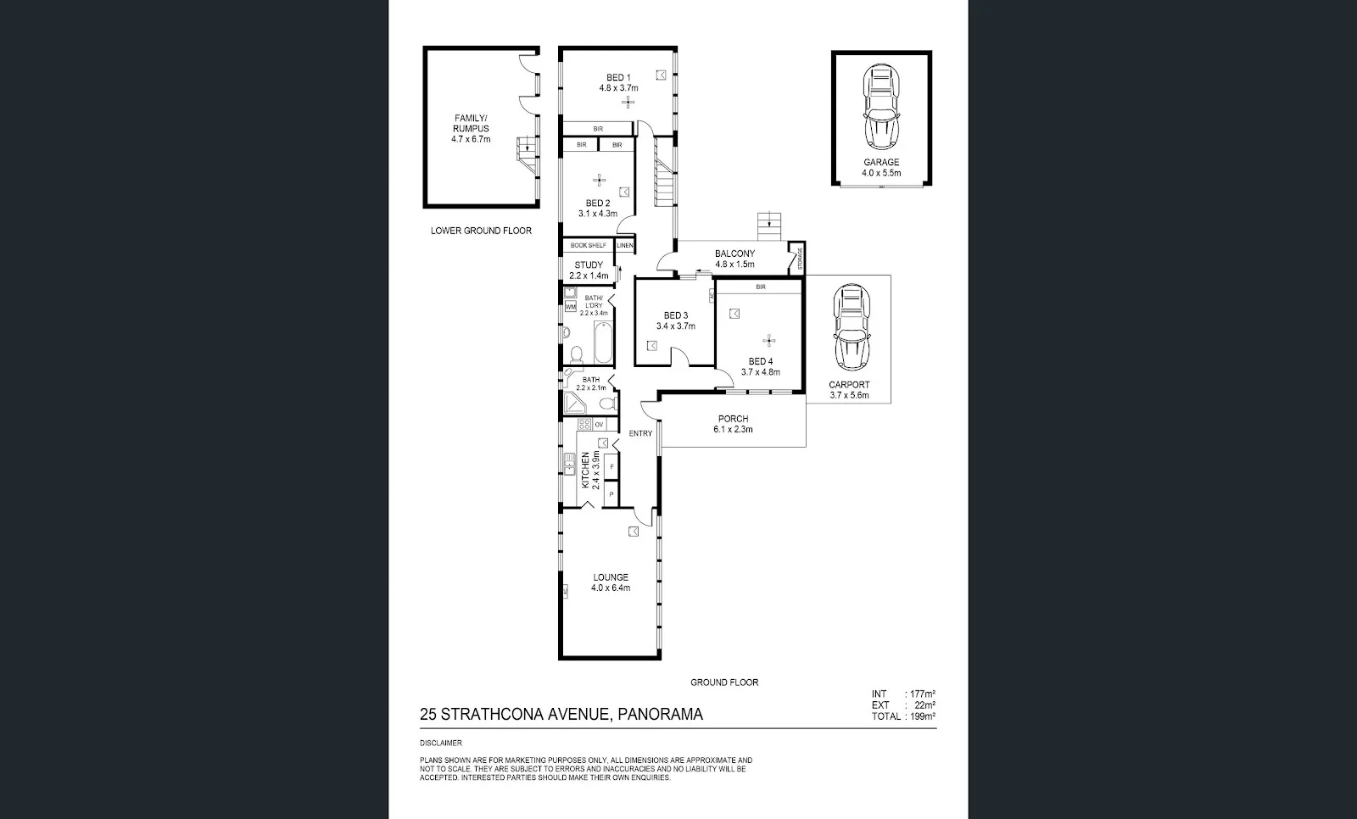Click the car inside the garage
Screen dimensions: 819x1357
point(881,108)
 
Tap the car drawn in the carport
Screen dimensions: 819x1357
point(851,328)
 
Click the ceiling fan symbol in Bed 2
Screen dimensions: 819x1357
point(599,180)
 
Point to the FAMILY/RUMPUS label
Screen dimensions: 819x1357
point(471,129)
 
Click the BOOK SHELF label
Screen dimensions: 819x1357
point(588,245)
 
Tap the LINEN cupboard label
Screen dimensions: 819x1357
point(625,245)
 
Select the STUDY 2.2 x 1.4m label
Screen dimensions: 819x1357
point(589,270)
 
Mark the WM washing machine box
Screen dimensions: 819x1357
point(571,306)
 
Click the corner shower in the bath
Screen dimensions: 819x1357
point(575,402)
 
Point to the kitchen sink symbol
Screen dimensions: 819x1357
point(569,463)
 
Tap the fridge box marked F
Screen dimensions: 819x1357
point(611,467)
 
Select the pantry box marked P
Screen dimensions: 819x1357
point(611,494)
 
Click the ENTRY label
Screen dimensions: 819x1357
point(640,433)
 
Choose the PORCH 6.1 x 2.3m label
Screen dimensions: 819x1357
point(733,424)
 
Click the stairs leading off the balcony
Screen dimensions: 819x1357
point(768,226)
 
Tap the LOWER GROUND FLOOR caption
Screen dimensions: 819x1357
point(481,231)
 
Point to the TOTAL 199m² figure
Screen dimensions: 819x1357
point(903,716)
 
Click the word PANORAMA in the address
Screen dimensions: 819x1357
point(660,715)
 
